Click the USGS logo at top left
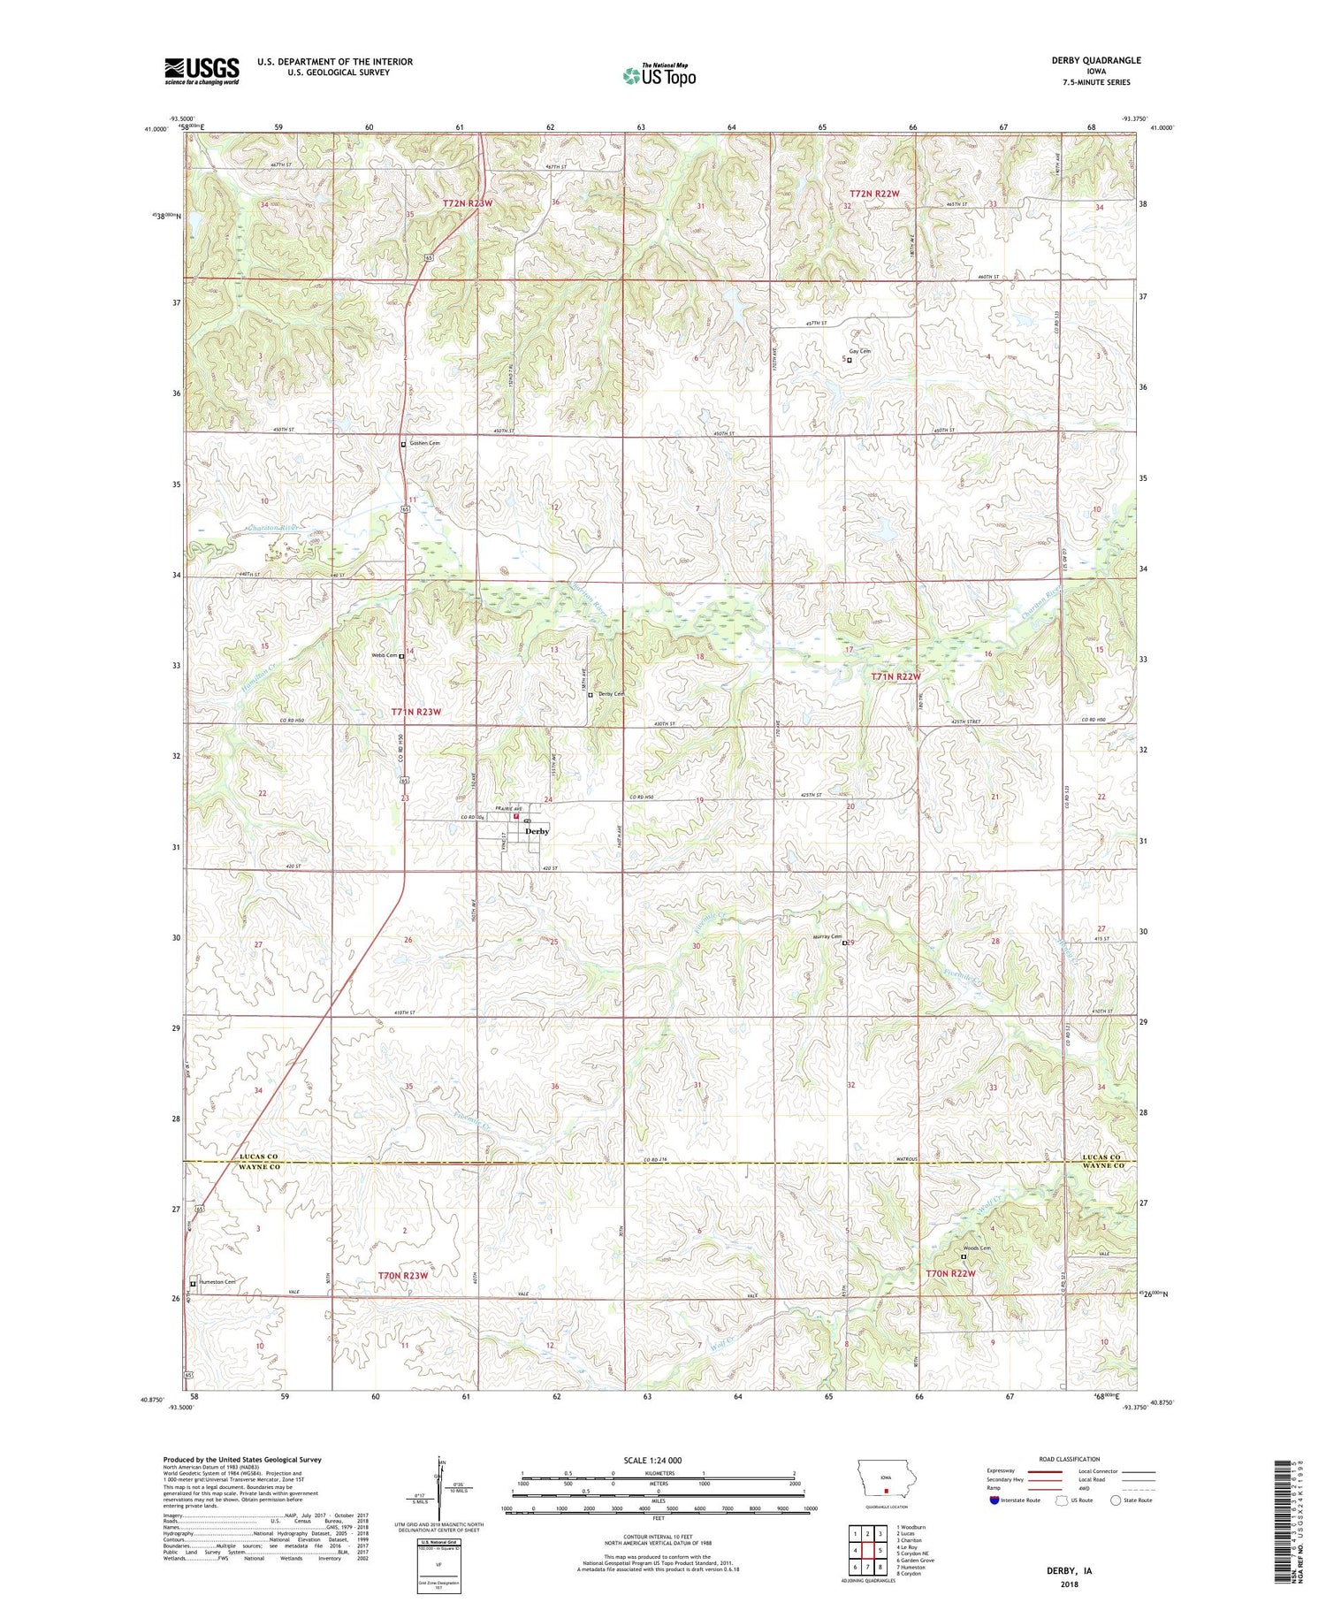pos(202,71)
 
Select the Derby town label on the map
pos(537,831)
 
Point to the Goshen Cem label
pos(423,443)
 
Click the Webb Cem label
pos(383,655)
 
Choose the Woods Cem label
pos(977,1248)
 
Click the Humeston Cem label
pos(217,1282)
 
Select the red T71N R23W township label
pos(415,712)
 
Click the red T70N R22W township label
pos(950,1273)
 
